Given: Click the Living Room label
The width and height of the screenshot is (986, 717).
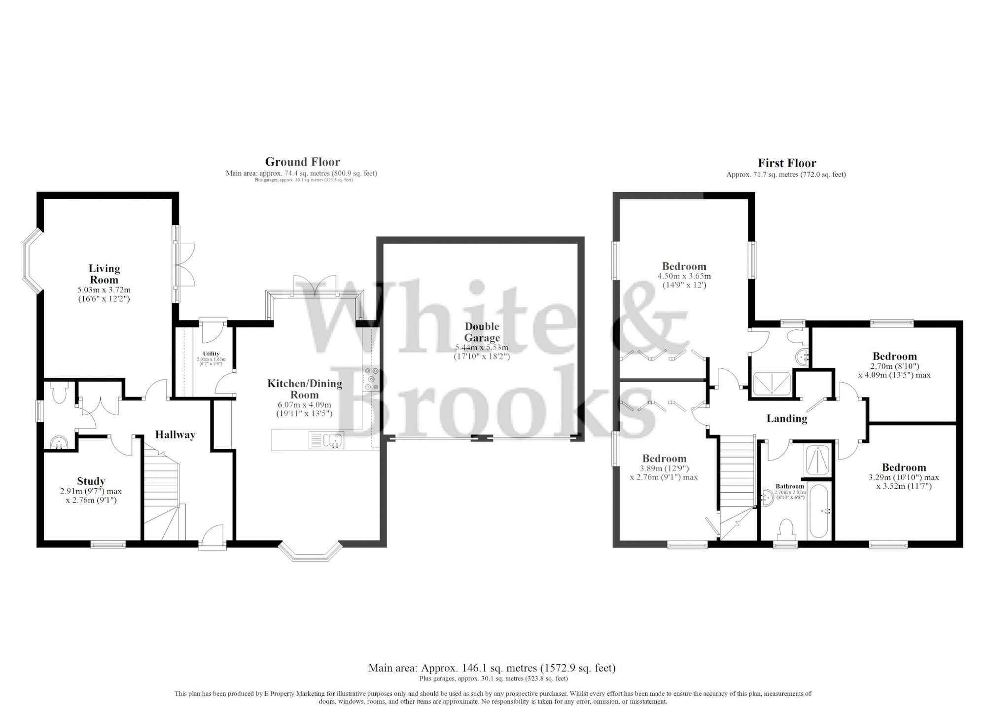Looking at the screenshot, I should click(104, 274).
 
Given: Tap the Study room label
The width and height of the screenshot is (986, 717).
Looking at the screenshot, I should click(91, 481).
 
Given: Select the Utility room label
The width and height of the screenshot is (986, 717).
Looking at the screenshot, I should click(211, 354).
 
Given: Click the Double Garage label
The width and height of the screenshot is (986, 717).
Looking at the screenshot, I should click(482, 332).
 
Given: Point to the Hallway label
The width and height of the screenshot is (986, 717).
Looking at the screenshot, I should click(175, 434).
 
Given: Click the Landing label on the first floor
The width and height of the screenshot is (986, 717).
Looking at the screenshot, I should click(786, 419).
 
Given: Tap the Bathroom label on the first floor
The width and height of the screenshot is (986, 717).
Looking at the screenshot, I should click(790, 486).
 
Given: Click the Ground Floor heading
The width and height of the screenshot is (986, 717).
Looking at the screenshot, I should click(302, 162).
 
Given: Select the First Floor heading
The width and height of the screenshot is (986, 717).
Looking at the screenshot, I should click(787, 163).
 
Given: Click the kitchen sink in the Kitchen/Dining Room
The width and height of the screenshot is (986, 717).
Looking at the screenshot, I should click(326, 440).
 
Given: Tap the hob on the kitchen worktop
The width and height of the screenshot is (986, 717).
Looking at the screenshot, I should click(370, 379).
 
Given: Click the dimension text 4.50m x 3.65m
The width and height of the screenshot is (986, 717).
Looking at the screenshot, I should click(684, 276).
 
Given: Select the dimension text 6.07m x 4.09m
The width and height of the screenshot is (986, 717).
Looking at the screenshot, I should click(304, 405).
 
